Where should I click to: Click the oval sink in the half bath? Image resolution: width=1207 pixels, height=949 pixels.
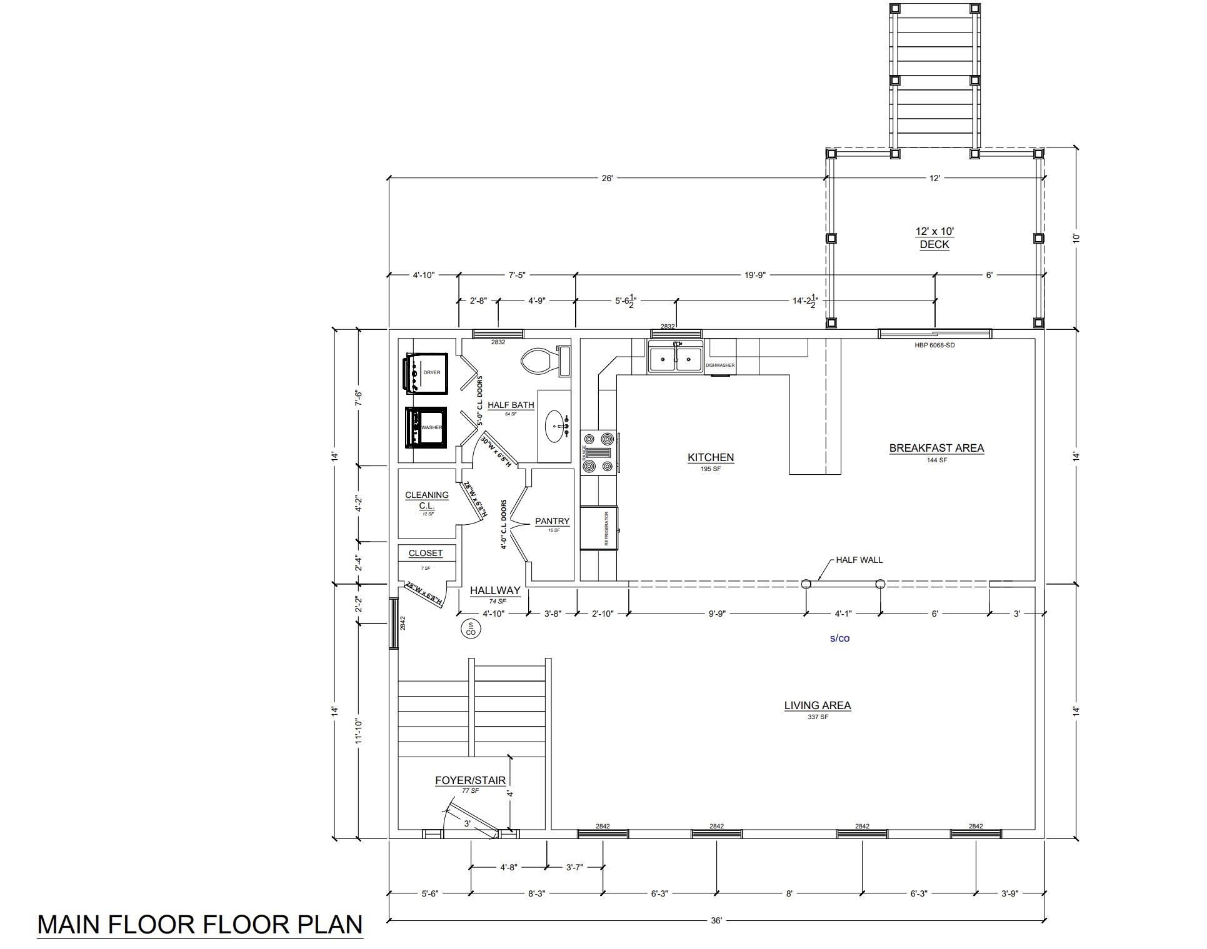[555, 427]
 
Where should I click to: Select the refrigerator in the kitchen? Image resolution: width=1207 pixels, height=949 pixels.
[599, 529]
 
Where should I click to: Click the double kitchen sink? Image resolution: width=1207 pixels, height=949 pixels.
[675, 359]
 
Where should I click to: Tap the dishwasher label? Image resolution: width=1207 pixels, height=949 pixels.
[720, 365]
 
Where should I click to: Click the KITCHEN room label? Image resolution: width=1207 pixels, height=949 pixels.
[711, 457]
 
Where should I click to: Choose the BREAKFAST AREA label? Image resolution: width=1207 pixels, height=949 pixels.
[936, 448]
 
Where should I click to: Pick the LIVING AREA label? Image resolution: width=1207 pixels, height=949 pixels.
[818, 705]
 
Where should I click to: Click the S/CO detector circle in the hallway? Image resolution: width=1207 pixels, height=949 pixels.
[471, 629]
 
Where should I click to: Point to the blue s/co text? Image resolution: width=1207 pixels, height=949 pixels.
[839, 638]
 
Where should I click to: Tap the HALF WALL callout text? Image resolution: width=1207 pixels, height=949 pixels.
[859, 560]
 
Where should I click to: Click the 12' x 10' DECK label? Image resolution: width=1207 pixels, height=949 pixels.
[934, 237]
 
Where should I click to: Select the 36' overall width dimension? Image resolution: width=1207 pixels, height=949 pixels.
[716, 920]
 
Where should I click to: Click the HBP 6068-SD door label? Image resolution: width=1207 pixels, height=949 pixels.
[934, 345]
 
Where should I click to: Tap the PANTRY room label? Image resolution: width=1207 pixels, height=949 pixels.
[553, 521]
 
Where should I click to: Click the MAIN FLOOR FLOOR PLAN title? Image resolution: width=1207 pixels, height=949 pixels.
[200, 925]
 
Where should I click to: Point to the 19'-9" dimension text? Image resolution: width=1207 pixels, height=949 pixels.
[755, 275]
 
